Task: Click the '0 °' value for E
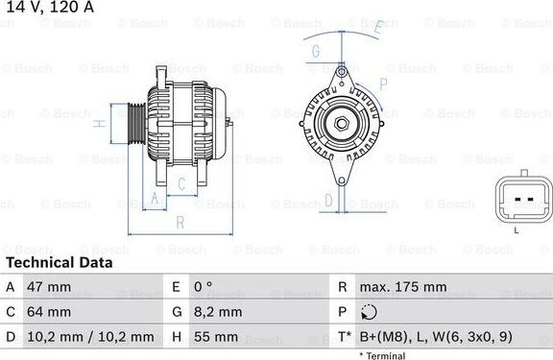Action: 203,287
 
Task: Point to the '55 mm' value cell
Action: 215,337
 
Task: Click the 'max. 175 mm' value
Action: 402,287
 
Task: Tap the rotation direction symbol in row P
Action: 370,312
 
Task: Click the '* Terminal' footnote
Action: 383,355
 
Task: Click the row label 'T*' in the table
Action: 343,337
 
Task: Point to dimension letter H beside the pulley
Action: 100,124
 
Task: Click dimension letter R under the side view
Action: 180,223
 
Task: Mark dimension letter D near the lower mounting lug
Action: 328,200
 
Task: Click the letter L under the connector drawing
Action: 516,230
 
